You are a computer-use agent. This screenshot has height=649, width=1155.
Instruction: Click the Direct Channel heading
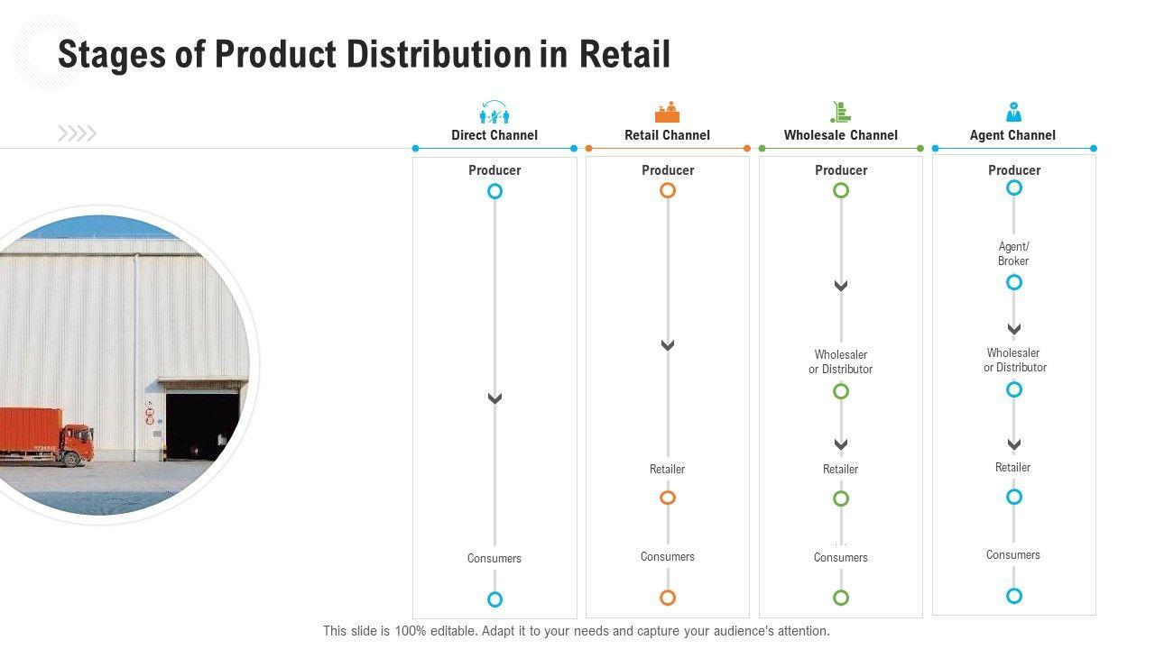tap(494, 135)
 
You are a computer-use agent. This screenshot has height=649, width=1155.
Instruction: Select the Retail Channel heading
tap(667, 135)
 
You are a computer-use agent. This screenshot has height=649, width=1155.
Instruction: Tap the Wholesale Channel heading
tap(840, 135)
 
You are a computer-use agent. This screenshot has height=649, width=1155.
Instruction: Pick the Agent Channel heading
tap(1012, 135)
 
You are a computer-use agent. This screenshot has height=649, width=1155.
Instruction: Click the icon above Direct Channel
tap(494, 112)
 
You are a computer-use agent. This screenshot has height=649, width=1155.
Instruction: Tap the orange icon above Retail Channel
tap(667, 112)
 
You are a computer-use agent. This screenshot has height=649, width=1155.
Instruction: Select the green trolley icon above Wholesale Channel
tap(840, 112)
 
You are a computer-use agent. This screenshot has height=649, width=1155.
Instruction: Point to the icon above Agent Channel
tap(1013, 112)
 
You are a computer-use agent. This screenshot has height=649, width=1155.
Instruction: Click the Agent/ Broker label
tap(1013, 253)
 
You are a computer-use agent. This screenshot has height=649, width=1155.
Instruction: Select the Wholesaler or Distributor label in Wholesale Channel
tap(840, 361)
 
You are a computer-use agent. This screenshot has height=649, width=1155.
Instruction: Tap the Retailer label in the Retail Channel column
tap(667, 469)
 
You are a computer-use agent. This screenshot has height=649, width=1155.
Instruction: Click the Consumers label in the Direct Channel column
tap(494, 558)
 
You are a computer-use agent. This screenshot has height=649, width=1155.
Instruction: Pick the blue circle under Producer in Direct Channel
tap(494, 191)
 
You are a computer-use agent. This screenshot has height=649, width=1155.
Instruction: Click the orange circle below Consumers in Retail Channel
tap(668, 597)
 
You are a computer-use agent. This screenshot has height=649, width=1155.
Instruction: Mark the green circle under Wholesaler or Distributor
tap(841, 391)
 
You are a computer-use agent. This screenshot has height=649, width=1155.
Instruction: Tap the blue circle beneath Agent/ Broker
tap(1014, 282)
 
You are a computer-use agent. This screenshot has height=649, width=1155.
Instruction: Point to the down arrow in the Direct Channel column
tap(494, 398)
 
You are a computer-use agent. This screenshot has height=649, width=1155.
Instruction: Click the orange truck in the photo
tap(45, 436)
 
